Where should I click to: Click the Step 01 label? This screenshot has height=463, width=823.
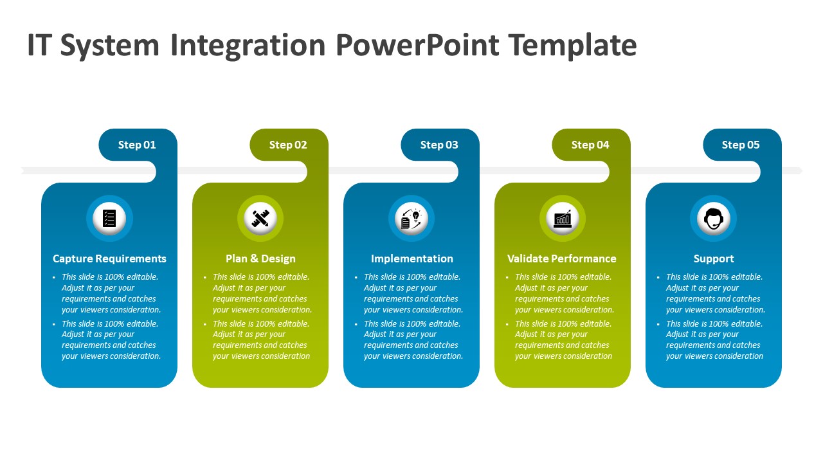(x=137, y=145)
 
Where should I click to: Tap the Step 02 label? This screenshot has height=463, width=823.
(x=288, y=145)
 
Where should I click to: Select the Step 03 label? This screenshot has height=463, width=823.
(x=439, y=145)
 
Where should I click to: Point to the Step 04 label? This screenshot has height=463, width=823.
(x=590, y=145)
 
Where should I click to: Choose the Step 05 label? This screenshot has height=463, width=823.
(x=741, y=145)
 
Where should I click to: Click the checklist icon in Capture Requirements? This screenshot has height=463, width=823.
(x=109, y=218)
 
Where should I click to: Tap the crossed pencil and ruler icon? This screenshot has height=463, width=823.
(x=260, y=218)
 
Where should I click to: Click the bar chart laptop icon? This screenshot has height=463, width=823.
(x=563, y=219)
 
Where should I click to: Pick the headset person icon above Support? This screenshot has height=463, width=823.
(x=714, y=219)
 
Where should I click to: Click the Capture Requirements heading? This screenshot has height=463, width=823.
(x=109, y=259)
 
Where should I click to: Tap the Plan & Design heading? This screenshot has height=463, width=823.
(x=260, y=259)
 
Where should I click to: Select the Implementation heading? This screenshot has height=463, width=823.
(x=412, y=259)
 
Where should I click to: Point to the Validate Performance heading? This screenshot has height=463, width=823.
(x=562, y=259)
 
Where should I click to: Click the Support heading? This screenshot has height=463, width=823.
(x=714, y=259)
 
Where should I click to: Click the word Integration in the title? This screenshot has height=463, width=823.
(x=248, y=46)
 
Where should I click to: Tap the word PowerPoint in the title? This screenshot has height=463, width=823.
(x=417, y=45)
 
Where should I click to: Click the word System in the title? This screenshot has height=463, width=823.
(x=109, y=46)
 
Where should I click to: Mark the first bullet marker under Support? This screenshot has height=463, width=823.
(x=658, y=277)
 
